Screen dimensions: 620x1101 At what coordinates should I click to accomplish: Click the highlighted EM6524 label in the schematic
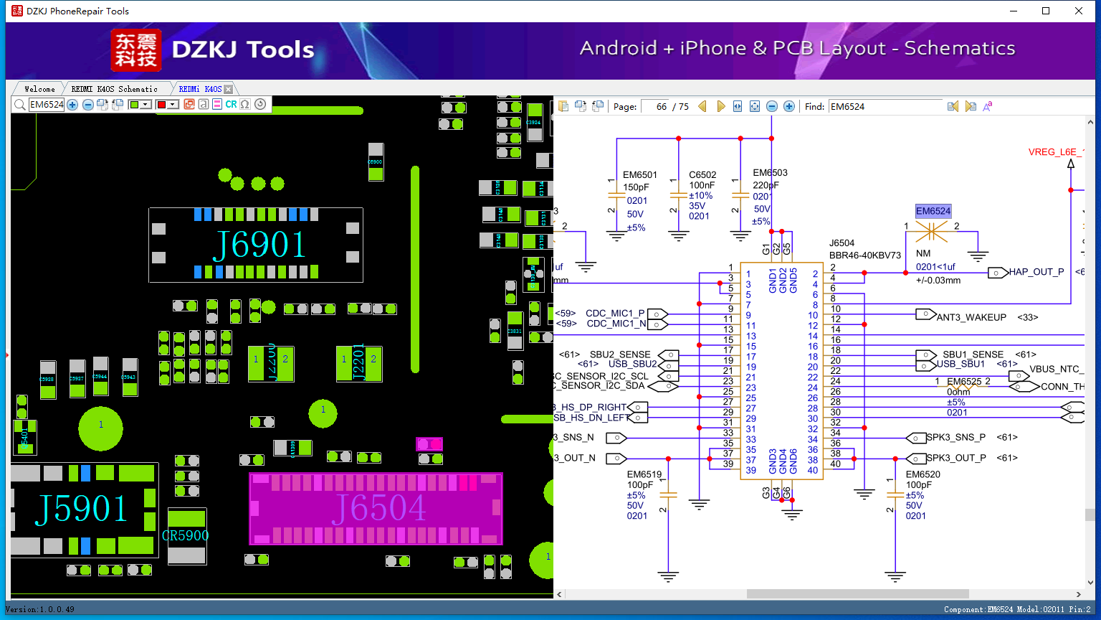coord(933,211)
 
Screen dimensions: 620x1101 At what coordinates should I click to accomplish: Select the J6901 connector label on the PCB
coord(259,245)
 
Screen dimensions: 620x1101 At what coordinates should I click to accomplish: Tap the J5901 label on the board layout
coord(82,509)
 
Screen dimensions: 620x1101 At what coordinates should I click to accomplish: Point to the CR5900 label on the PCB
coord(186,535)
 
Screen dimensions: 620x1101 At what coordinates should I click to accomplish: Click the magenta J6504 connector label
coord(378,509)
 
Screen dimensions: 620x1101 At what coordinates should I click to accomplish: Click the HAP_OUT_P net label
coord(1036,272)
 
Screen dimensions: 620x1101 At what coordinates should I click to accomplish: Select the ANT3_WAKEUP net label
coord(971,317)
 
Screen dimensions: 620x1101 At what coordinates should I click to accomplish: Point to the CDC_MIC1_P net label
coord(615,314)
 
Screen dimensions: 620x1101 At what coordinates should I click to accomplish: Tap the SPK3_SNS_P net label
coord(955,437)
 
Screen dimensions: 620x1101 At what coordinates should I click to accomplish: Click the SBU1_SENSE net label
coord(973,354)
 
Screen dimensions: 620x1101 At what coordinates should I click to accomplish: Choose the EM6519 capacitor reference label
coord(644,474)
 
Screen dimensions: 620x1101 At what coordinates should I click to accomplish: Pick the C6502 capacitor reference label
coord(702,174)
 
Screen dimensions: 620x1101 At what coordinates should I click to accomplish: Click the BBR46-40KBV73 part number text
coord(864,255)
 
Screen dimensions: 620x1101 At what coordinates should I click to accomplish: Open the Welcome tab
coord(39,89)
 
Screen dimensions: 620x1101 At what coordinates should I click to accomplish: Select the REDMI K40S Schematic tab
coord(114,89)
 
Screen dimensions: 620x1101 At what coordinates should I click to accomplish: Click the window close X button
coord(1079,11)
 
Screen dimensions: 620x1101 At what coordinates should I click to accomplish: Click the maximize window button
coord(1046,11)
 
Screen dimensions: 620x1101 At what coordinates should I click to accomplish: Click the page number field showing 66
coord(656,106)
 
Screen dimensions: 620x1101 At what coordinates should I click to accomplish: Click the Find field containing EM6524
coord(885,106)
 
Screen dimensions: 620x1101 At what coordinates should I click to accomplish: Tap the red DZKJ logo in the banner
coord(136,50)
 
